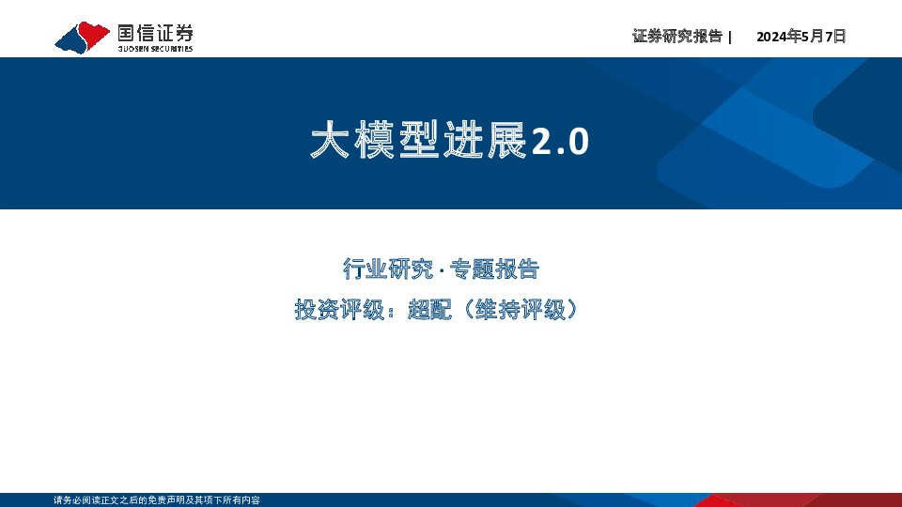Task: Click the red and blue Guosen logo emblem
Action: (x=83, y=38)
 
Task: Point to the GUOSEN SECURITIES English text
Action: (x=155, y=49)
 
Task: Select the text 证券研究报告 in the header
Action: (x=677, y=37)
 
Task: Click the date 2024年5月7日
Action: (x=801, y=37)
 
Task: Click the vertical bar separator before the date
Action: (x=730, y=37)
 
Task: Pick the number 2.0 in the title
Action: (x=560, y=142)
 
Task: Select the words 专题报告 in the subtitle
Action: (x=494, y=269)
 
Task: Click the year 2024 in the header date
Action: (x=771, y=37)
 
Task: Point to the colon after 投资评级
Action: (x=393, y=311)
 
